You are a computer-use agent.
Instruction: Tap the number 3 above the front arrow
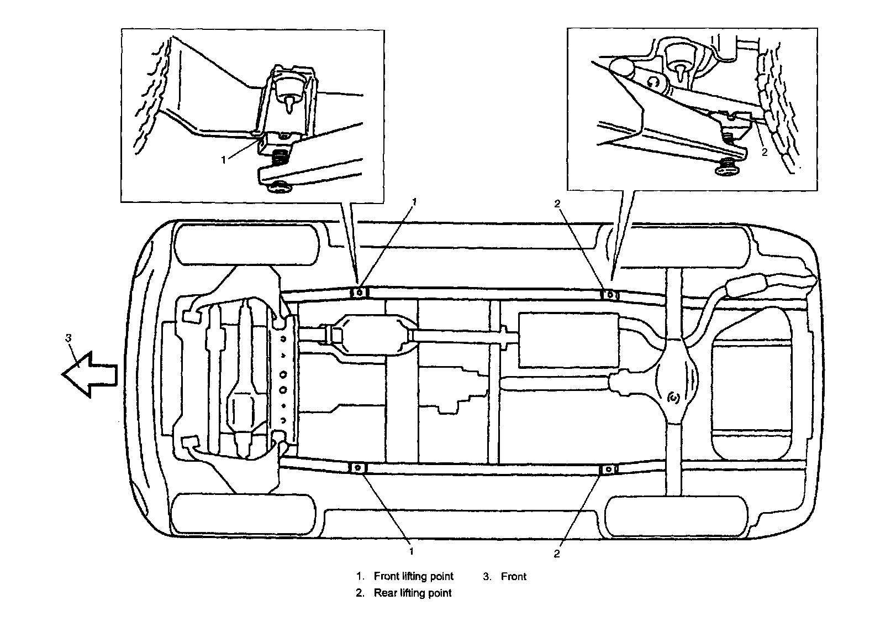point(68,338)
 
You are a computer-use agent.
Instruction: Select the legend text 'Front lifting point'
point(413,576)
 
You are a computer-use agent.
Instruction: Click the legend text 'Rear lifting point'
point(413,593)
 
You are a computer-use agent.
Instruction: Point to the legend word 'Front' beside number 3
point(514,576)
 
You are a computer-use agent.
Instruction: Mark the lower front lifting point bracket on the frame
point(357,468)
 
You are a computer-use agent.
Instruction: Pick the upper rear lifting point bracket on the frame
point(610,294)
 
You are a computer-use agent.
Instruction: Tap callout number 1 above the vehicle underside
point(415,203)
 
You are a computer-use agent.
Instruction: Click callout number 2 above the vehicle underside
point(557,204)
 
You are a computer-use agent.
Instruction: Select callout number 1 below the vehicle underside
point(411,551)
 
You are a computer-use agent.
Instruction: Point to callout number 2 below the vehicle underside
point(557,553)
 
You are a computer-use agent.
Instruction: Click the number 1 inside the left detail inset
point(223,160)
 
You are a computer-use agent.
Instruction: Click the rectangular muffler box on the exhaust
point(568,339)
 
